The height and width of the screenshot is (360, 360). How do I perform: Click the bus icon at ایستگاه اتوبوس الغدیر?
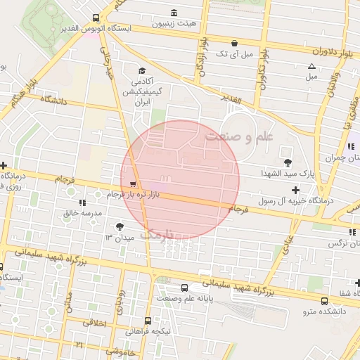click(96, 18)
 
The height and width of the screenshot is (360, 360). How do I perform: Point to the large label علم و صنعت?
click(238, 137)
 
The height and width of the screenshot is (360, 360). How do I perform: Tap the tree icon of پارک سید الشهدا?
click(286, 153)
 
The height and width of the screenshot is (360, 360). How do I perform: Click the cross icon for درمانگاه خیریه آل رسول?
click(295, 190)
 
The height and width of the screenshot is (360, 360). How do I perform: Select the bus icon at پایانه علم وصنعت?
click(185, 288)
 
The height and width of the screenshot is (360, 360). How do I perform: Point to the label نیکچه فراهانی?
click(148, 331)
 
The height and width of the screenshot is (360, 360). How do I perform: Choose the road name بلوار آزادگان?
click(201, 56)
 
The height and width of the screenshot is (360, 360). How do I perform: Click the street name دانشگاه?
click(53, 101)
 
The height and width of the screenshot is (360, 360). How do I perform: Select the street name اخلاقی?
click(94, 321)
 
